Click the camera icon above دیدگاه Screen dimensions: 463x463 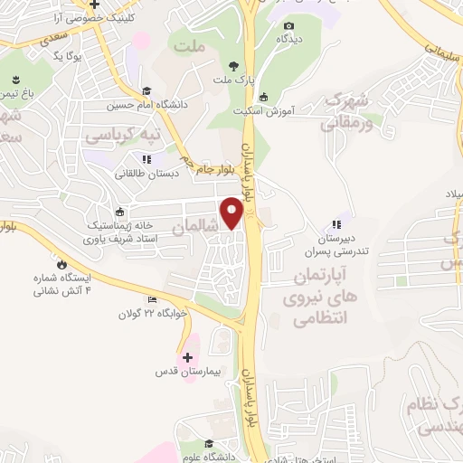288,26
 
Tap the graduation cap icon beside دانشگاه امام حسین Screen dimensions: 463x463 146,90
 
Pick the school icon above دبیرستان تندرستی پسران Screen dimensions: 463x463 336,224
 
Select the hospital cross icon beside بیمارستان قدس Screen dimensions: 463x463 187,357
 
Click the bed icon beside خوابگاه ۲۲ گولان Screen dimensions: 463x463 151,300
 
